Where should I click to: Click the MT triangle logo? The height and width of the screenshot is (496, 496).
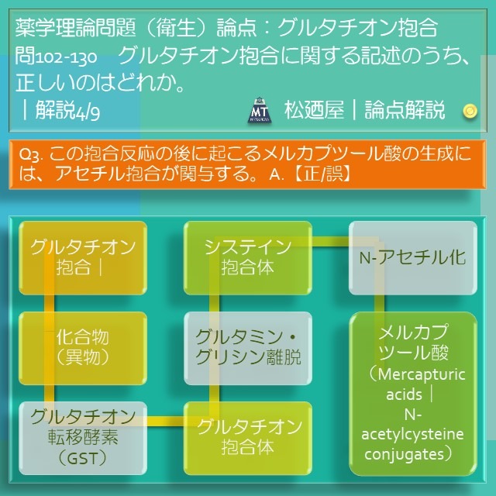259,110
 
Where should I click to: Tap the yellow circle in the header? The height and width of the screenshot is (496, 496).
470,111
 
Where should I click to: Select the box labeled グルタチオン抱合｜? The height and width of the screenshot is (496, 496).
83,258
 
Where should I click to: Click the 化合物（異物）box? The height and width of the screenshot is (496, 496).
83,348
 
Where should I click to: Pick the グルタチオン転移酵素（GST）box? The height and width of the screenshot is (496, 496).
83,438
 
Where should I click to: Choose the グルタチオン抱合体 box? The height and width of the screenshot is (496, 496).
248,438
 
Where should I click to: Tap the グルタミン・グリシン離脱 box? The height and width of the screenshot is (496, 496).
248,348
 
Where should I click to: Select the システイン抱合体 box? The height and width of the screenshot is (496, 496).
248,258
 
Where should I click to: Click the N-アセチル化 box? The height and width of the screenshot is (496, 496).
413,258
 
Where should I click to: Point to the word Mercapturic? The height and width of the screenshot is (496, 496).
422,375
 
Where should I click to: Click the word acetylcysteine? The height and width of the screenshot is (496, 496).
412,434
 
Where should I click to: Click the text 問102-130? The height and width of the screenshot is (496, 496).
56,57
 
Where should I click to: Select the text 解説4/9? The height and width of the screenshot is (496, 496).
67,110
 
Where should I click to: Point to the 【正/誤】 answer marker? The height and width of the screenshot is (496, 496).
322,174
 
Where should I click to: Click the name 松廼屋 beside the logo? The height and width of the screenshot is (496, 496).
314,110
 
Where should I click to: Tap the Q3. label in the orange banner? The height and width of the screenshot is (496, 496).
31,154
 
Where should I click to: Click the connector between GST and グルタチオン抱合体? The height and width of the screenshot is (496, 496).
165,421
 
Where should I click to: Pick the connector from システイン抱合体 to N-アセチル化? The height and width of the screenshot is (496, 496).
330,241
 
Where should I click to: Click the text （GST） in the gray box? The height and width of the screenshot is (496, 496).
83,458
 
